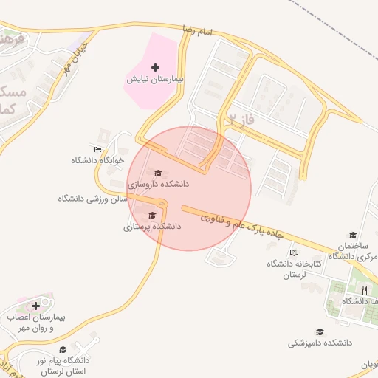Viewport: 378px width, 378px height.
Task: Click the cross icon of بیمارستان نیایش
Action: click(x=154, y=68)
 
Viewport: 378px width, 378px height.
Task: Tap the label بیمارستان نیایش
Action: click(x=154, y=79)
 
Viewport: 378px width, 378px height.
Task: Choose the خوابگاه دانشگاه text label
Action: click(x=97, y=160)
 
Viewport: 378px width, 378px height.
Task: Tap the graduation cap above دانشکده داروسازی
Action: click(x=157, y=173)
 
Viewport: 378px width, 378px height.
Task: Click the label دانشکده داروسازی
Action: click(x=158, y=183)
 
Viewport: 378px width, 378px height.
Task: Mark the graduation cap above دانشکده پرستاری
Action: click(x=152, y=216)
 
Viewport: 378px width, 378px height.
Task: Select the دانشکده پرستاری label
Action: click(x=152, y=227)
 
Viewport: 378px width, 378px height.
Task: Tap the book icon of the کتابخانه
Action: click(x=295, y=252)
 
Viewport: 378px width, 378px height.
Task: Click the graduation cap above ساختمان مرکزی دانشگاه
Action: click(x=353, y=235)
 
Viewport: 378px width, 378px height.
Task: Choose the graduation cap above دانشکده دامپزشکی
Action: click(x=320, y=332)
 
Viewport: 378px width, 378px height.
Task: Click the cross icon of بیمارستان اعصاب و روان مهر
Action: click(x=35, y=306)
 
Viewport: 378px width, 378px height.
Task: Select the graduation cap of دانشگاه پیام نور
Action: click(x=63, y=350)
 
